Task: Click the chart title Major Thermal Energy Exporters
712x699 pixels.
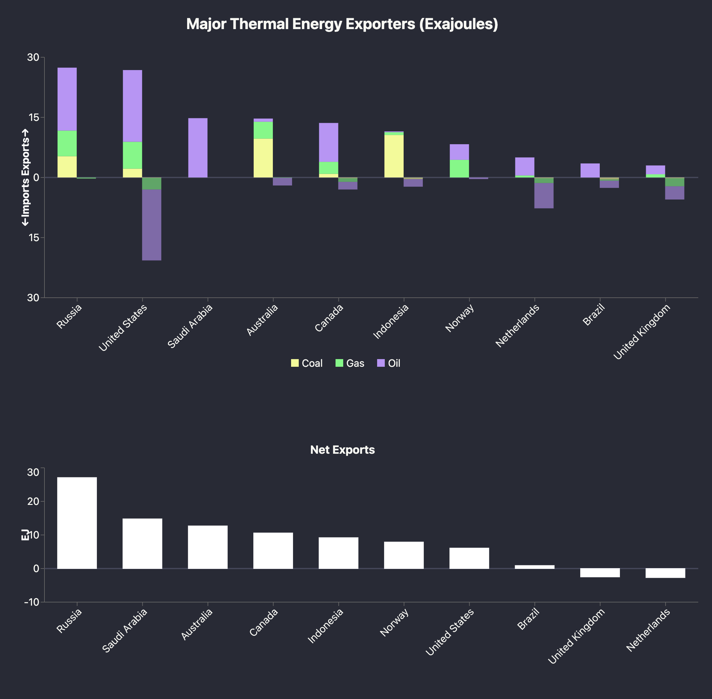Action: tap(342, 25)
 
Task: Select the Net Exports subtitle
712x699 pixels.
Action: tap(342, 450)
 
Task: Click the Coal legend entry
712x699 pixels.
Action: tap(307, 364)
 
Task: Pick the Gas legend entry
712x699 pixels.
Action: tap(350, 364)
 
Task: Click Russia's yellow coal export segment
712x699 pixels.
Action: tap(67, 167)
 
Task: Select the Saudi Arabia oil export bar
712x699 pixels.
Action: tap(198, 148)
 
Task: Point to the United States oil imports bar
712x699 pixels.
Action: tap(152, 225)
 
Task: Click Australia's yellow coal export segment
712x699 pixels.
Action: tap(263, 158)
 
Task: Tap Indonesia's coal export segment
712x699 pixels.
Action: tap(394, 156)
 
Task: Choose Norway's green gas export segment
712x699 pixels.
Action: tap(459, 169)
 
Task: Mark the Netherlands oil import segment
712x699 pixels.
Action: tap(544, 196)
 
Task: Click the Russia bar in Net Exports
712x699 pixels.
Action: tap(77, 523)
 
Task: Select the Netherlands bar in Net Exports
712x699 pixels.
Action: tap(665, 573)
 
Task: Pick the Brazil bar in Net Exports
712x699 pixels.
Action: tap(535, 567)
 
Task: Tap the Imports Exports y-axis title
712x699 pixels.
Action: tap(25, 178)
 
